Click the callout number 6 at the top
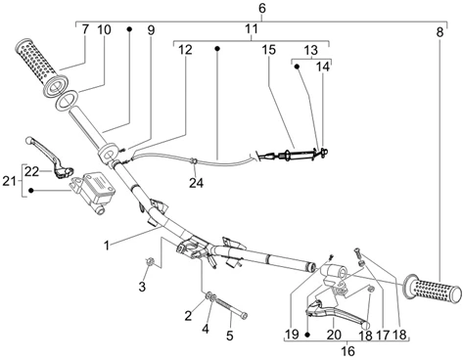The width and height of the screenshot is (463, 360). (262, 8)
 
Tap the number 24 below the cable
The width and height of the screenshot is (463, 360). (196, 183)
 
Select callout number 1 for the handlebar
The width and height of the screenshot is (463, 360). (107, 246)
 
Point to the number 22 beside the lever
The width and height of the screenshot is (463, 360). (32, 171)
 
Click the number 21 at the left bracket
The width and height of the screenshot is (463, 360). (9, 181)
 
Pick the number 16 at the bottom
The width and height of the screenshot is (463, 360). (348, 351)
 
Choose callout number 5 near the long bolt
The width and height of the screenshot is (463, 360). (230, 336)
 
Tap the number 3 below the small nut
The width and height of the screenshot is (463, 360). (142, 288)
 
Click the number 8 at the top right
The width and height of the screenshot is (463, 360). (440, 32)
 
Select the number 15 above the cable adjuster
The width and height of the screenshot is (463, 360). (269, 50)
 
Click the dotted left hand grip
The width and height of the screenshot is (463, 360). (41, 67)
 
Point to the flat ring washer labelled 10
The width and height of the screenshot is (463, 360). (68, 99)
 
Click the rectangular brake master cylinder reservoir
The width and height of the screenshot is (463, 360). (96, 185)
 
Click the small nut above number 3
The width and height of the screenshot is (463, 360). (150, 260)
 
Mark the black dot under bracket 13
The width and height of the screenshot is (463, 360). (297, 67)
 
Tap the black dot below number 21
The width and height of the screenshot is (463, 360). (31, 190)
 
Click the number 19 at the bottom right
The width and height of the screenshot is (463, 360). (292, 335)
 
